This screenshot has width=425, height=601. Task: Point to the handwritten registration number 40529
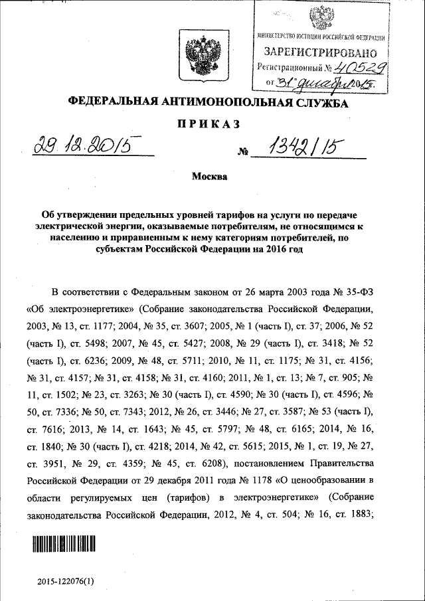click(x=361, y=67)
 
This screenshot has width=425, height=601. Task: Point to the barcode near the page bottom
click(x=66, y=546)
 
